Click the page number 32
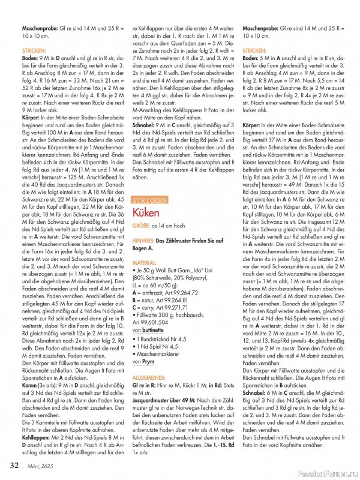tap(13, 464)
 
